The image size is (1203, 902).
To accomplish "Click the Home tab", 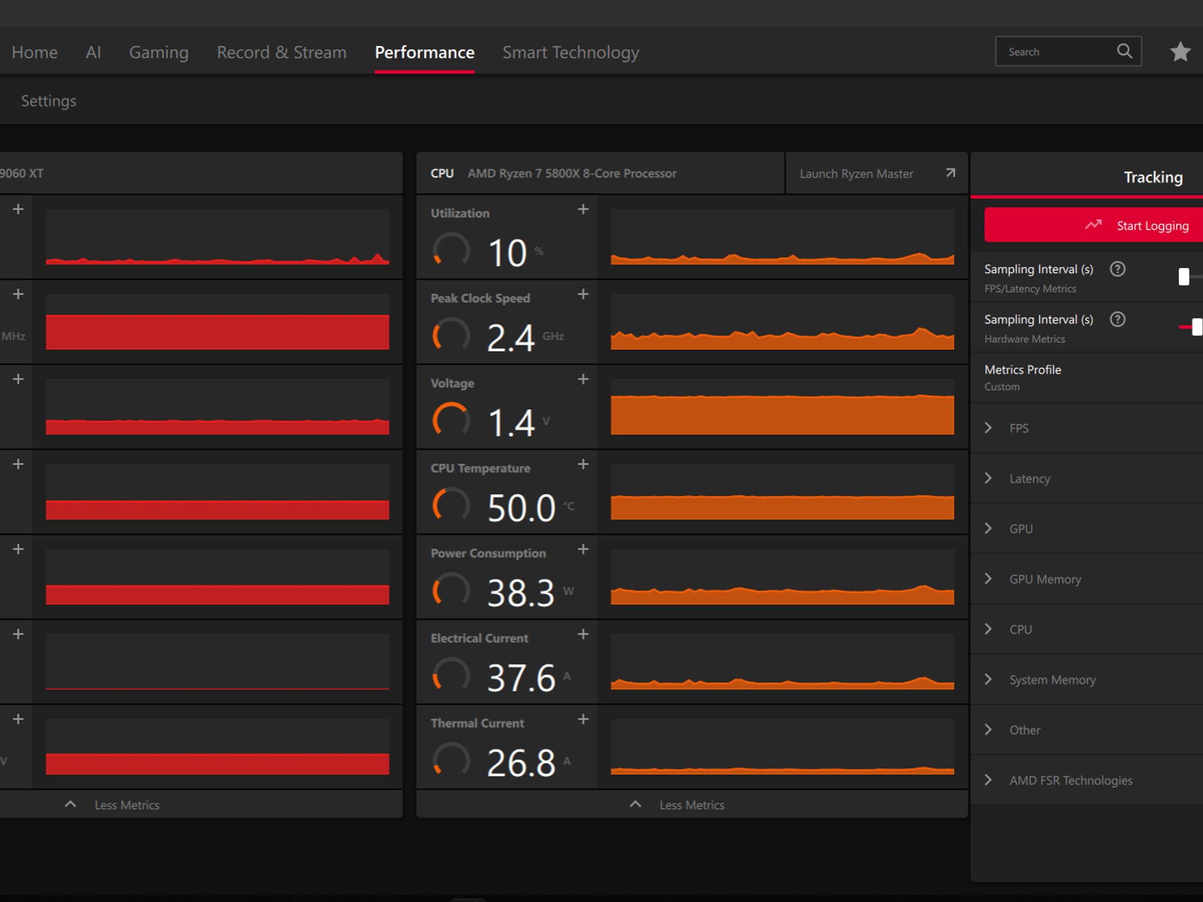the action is click(x=35, y=52).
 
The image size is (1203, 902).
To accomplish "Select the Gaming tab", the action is click(x=159, y=53).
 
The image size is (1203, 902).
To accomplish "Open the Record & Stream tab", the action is click(x=281, y=52).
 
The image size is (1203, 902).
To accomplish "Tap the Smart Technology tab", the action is click(x=570, y=53).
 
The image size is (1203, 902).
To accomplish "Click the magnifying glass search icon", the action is click(x=1124, y=51).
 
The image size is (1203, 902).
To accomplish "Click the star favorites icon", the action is click(x=1180, y=52).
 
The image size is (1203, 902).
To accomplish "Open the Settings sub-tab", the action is click(x=49, y=101).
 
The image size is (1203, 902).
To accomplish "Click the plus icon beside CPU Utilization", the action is click(x=583, y=209).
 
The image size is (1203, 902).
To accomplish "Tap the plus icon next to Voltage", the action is click(x=583, y=379).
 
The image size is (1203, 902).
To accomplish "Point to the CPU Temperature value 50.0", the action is click(x=522, y=508).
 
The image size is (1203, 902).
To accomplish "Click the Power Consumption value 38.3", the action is click(x=521, y=593).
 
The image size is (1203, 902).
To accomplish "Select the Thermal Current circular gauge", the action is click(x=451, y=760).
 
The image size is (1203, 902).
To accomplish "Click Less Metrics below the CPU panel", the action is click(x=691, y=805).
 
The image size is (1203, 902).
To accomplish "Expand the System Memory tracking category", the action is click(x=1052, y=680).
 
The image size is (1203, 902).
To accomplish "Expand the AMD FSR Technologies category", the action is click(x=1071, y=780).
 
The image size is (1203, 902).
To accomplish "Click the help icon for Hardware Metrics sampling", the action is click(x=1117, y=319).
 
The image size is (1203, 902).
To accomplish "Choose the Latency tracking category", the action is click(x=1030, y=479).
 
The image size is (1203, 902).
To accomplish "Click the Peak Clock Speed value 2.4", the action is click(x=510, y=338).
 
